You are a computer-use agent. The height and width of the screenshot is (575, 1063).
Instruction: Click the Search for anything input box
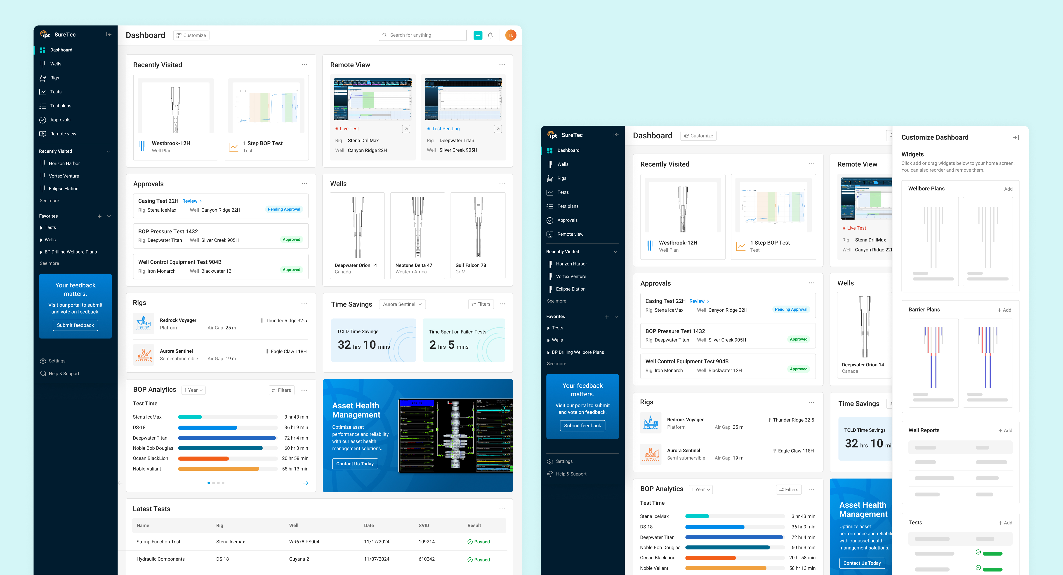tap(423, 35)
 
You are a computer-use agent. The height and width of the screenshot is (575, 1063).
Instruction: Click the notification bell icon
tap(490, 35)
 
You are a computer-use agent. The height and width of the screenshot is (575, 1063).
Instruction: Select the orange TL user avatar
tap(510, 35)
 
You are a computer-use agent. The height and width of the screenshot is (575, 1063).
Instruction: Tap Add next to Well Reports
tap(1005, 431)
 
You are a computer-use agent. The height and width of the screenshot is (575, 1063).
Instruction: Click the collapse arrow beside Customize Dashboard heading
tap(1016, 137)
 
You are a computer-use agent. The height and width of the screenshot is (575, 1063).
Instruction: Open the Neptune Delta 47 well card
tap(417, 235)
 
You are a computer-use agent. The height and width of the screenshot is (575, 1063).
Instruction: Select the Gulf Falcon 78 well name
tap(470, 265)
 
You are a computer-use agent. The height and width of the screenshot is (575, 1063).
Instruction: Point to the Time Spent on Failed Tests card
tap(463, 340)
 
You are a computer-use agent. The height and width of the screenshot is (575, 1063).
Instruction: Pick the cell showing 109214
tap(426, 542)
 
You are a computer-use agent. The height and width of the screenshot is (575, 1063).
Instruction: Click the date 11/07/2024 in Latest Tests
tap(376, 559)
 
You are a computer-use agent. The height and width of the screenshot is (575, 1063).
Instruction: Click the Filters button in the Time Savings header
tap(481, 304)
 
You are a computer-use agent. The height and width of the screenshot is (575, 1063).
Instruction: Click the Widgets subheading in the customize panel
tap(912, 154)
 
